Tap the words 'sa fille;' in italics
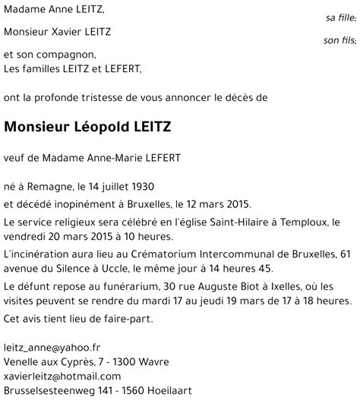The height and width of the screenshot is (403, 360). (x=339, y=17)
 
